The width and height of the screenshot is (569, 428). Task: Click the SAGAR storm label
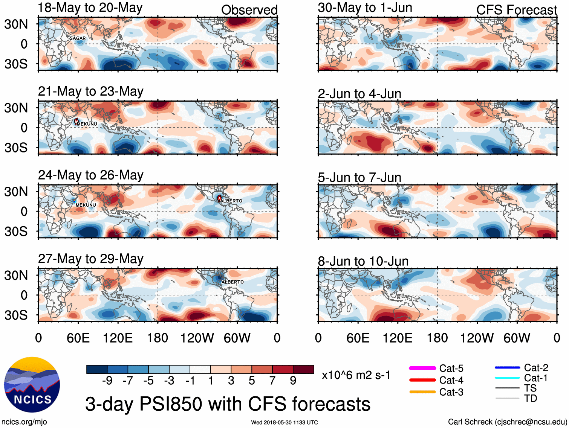click(78, 38)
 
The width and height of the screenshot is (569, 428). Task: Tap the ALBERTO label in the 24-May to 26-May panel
click(231, 201)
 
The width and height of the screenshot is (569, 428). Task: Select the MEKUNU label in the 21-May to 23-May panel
click(87, 124)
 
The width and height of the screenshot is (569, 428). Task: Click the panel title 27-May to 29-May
click(90, 259)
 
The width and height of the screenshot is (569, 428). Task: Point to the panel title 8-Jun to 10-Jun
click(363, 261)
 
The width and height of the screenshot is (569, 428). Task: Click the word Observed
click(249, 10)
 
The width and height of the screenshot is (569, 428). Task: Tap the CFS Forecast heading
click(516, 10)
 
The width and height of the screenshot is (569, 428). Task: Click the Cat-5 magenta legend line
click(422, 368)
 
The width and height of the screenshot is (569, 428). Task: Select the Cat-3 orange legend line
click(422, 392)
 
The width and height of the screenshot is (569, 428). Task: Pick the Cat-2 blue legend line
click(507, 367)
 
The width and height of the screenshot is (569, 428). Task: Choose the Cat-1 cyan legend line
click(507, 378)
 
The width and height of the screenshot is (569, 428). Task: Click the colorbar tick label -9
click(107, 381)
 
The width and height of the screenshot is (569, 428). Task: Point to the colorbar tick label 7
click(272, 381)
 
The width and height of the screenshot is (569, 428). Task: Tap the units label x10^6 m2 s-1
click(356, 375)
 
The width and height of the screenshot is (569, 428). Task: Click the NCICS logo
click(32, 384)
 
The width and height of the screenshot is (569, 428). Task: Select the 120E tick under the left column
click(118, 338)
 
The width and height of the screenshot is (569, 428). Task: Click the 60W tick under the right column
click(517, 338)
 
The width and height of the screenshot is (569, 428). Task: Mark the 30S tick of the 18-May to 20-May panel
click(16, 64)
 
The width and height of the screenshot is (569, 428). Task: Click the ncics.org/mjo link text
click(24, 422)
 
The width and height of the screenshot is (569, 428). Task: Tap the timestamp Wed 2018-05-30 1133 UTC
click(284, 422)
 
